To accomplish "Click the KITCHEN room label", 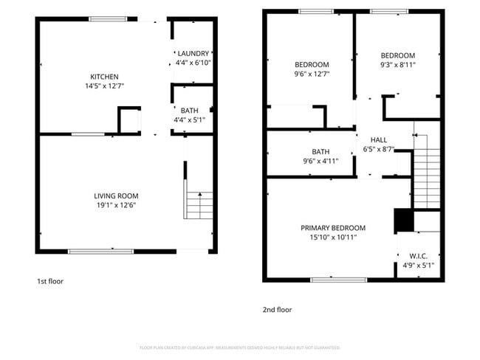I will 104,77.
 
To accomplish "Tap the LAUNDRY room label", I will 193,53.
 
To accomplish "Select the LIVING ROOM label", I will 116,195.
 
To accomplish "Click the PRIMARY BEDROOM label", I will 332,228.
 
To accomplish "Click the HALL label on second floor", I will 378,139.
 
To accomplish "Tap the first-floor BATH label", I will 190,111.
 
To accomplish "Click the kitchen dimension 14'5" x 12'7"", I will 104,86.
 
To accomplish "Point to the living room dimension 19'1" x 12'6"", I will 116,205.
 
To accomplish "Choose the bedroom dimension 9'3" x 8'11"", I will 397,65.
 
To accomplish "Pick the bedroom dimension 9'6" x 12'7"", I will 311,74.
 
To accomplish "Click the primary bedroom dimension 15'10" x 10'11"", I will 332,238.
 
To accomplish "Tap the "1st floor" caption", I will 50,281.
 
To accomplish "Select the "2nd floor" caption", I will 277,310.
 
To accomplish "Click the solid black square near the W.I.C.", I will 403,221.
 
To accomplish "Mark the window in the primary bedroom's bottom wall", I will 338,280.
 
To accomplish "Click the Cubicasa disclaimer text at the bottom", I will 239,347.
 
